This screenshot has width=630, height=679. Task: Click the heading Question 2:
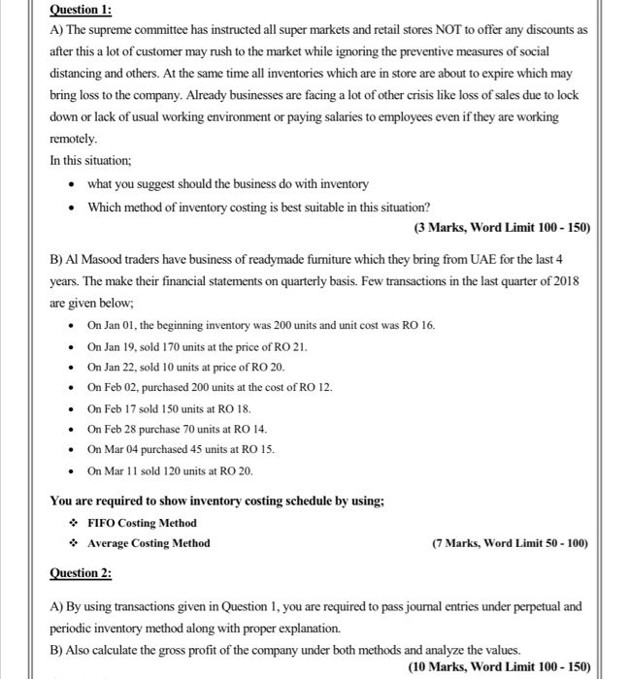(x=81, y=573)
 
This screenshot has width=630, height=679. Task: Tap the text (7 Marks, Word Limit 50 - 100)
(x=510, y=543)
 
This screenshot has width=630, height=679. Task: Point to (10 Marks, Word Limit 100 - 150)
(x=499, y=667)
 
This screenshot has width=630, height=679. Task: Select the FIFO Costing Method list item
(x=142, y=523)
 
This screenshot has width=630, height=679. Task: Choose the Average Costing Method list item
(x=149, y=543)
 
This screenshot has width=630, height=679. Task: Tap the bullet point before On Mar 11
(x=71, y=471)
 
